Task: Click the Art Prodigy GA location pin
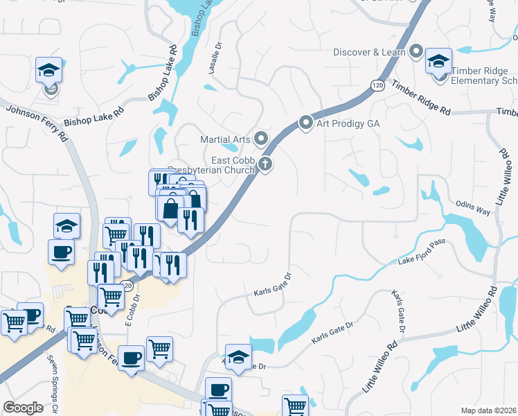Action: pyautogui.click(x=306, y=123)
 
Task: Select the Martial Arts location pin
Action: pyautogui.click(x=261, y=139)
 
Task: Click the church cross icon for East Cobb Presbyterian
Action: pyautogui.click(x=265, y=164)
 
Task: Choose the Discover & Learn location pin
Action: pyautogui.click(x=416, y=51)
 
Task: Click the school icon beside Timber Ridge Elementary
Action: pyautogui.click(x=438, y=62)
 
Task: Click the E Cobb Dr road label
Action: pyautogui.click(x=132, y=309)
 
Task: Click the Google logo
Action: pyautogui.click(x=24, y=408)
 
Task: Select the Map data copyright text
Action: pyautogui.click(x=489, y=410)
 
